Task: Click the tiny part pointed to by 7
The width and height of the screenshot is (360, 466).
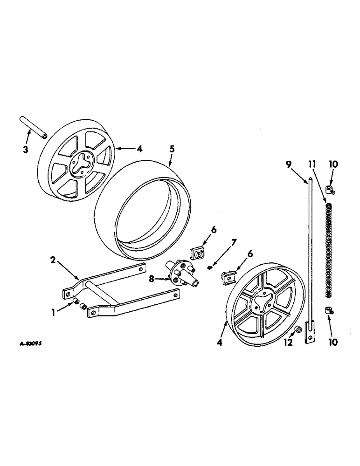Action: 210,267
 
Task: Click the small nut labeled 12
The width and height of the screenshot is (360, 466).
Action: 297,330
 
